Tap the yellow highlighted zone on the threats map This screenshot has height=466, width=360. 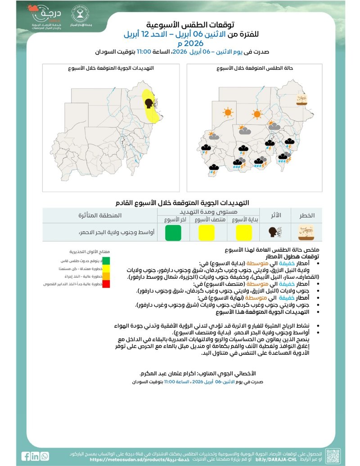tap(151, 107)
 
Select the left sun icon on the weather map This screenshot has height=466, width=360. tap(228, 112)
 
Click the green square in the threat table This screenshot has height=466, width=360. tap(173, 233)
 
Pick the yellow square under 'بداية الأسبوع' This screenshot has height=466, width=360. tap(244, 233)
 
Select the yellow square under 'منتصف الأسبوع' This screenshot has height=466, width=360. tap(207, 233)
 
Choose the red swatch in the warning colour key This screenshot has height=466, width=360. tap(106, 284)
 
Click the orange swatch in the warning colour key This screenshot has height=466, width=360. tap(106, 276)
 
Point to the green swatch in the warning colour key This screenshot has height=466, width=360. tap(106, 261)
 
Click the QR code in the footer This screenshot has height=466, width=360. tap(333, 456)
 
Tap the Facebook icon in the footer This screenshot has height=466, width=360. tap(27, 456)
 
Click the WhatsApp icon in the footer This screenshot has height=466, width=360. tap(45, 456)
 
